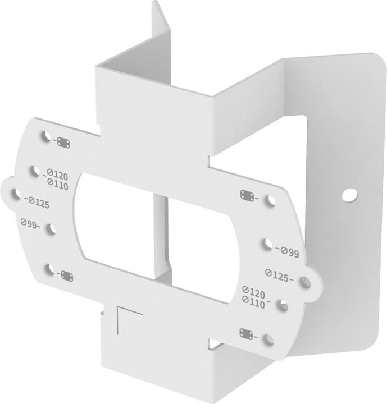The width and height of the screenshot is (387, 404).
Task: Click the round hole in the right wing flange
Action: coord(350,195)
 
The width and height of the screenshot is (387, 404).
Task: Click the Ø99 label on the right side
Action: coord(289,252)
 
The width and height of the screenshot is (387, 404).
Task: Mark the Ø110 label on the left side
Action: coord(58,183)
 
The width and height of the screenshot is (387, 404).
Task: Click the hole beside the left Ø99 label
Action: coord(52,228)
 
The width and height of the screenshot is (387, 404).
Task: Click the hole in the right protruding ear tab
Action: coord(306,283)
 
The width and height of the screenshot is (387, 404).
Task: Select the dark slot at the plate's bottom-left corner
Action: coord(66,276)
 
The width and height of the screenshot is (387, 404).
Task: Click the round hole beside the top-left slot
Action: coord(46,135)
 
